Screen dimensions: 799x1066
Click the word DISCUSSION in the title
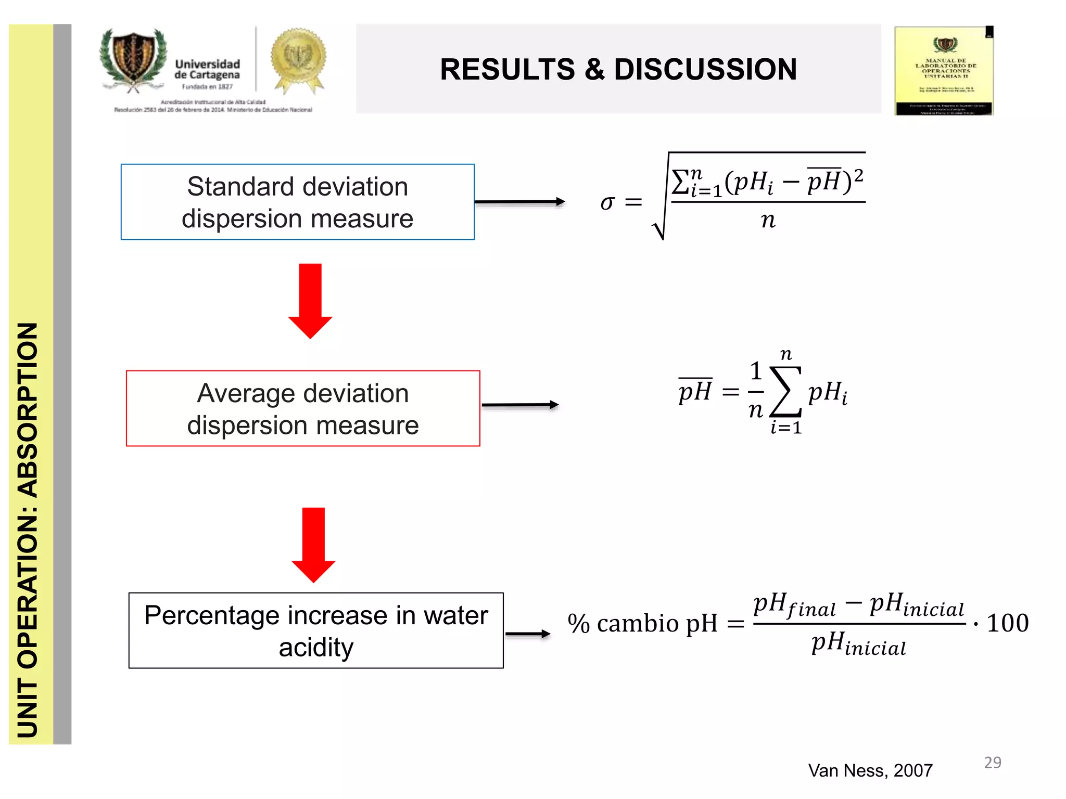tap(705, 69)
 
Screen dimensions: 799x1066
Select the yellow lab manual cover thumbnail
tap(944, 71)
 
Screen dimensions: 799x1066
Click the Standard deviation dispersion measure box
tap(297, 202)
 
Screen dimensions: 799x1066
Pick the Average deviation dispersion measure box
tap(302, 408)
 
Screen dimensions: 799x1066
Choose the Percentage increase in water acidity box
tap(316, 630)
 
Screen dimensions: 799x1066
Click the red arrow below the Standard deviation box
tap(310, 301)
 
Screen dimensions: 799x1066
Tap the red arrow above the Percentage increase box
tap(313, 545)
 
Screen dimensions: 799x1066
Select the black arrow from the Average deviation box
tap(520, 405)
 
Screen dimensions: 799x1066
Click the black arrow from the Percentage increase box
tap(527, 634)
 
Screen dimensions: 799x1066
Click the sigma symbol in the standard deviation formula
tap(607, 202)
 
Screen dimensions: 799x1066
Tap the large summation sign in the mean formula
tap(785, 392)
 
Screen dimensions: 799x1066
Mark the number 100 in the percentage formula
tap(1007, 623)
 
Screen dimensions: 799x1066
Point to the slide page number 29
tap(992, 763)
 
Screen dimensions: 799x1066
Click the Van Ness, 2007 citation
tap(870, 770)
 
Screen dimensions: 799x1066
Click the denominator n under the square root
tap(768, 221)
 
